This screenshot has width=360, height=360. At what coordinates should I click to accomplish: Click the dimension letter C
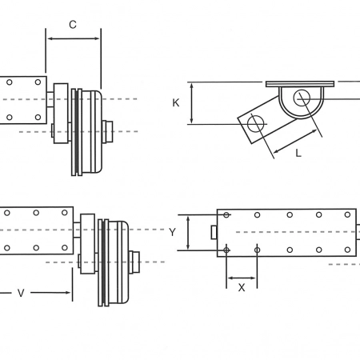[73, 25]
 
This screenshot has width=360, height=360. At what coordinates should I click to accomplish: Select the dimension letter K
[176, 102]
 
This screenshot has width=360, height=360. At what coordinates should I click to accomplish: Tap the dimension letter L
[298, 153]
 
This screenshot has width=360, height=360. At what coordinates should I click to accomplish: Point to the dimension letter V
[21, 293]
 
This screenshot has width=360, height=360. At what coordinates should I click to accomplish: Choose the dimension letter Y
[172, 232]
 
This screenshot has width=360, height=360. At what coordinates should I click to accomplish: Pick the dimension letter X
[242, 287]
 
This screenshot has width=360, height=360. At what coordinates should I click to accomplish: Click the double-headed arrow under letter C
[74, 38]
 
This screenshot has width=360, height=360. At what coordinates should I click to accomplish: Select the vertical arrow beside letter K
[191, 103]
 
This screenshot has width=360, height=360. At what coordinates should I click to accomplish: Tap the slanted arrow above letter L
[295, 142]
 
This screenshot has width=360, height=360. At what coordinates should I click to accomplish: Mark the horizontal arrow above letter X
[242, 278]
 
